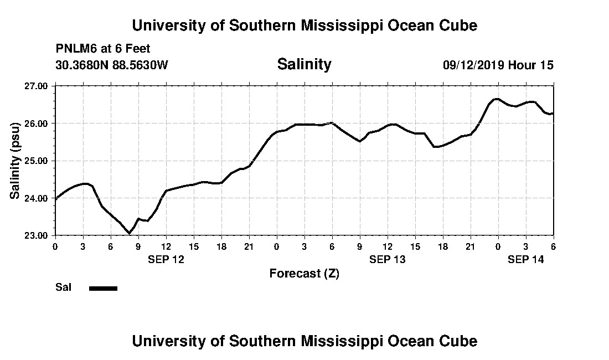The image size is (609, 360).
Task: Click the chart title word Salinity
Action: click(304, 64)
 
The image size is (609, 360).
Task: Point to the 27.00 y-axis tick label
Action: click(37, 86)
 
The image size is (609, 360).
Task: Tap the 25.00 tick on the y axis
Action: click(37, 161)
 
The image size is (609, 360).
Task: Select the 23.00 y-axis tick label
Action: click(37, 235)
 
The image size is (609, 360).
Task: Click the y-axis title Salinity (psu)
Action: click(16, 161)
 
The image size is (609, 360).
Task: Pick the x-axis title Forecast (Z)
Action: click(304, 273)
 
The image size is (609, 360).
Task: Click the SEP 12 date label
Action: click(166, 259)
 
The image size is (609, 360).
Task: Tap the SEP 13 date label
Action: click(388, 259)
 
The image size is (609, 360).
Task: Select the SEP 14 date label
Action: click(526, 259)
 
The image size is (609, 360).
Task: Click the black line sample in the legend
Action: click(103, 288)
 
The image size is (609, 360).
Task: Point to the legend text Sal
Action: click(63, 287)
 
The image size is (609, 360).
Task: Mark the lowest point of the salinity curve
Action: click(129, 233)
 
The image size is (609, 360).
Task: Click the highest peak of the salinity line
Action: click(497, 99)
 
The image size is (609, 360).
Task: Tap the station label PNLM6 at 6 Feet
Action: click(103, 49)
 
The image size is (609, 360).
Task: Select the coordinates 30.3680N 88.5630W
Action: click(112, 65)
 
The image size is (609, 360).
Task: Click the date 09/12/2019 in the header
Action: click(473, 65)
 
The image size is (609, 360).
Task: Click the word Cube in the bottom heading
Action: click(460, 341)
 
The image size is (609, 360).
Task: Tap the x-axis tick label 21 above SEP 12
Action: click(249, 246)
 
